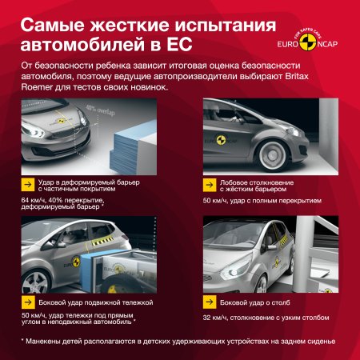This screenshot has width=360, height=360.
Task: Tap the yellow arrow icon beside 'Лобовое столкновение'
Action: tap(213, 186)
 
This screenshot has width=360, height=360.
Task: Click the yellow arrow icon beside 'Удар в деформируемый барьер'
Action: tap(28, 186)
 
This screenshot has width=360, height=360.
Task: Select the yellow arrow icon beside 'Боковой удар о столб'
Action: tap(213, 302)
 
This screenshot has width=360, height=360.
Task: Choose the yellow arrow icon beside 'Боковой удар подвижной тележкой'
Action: tap(28, 302)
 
